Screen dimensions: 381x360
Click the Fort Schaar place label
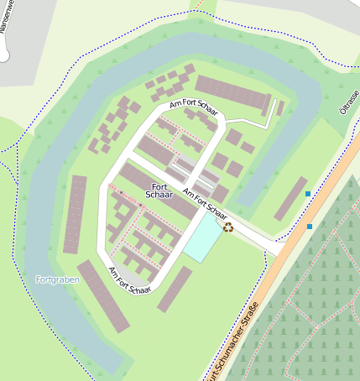[x=159, y=190]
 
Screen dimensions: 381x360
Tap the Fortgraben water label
[x=57, y=279]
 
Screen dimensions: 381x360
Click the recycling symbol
[x=227, y=227]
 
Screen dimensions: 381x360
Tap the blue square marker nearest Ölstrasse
[x=308, y=195]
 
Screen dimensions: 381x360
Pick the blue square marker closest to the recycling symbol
[x=310, y=227]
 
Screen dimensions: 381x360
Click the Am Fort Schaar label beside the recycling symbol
[x=205, y=205]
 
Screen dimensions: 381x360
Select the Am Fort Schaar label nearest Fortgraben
[x=130, y=280]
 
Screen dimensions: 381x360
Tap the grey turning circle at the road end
[x=5, y=55]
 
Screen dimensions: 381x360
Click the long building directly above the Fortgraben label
[x=75, y=214]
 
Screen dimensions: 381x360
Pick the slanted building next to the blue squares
[x=290, y=198]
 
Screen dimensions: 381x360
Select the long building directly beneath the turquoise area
[x=175, y=289]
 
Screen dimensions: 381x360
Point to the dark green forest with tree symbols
[x=319, y=302]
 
